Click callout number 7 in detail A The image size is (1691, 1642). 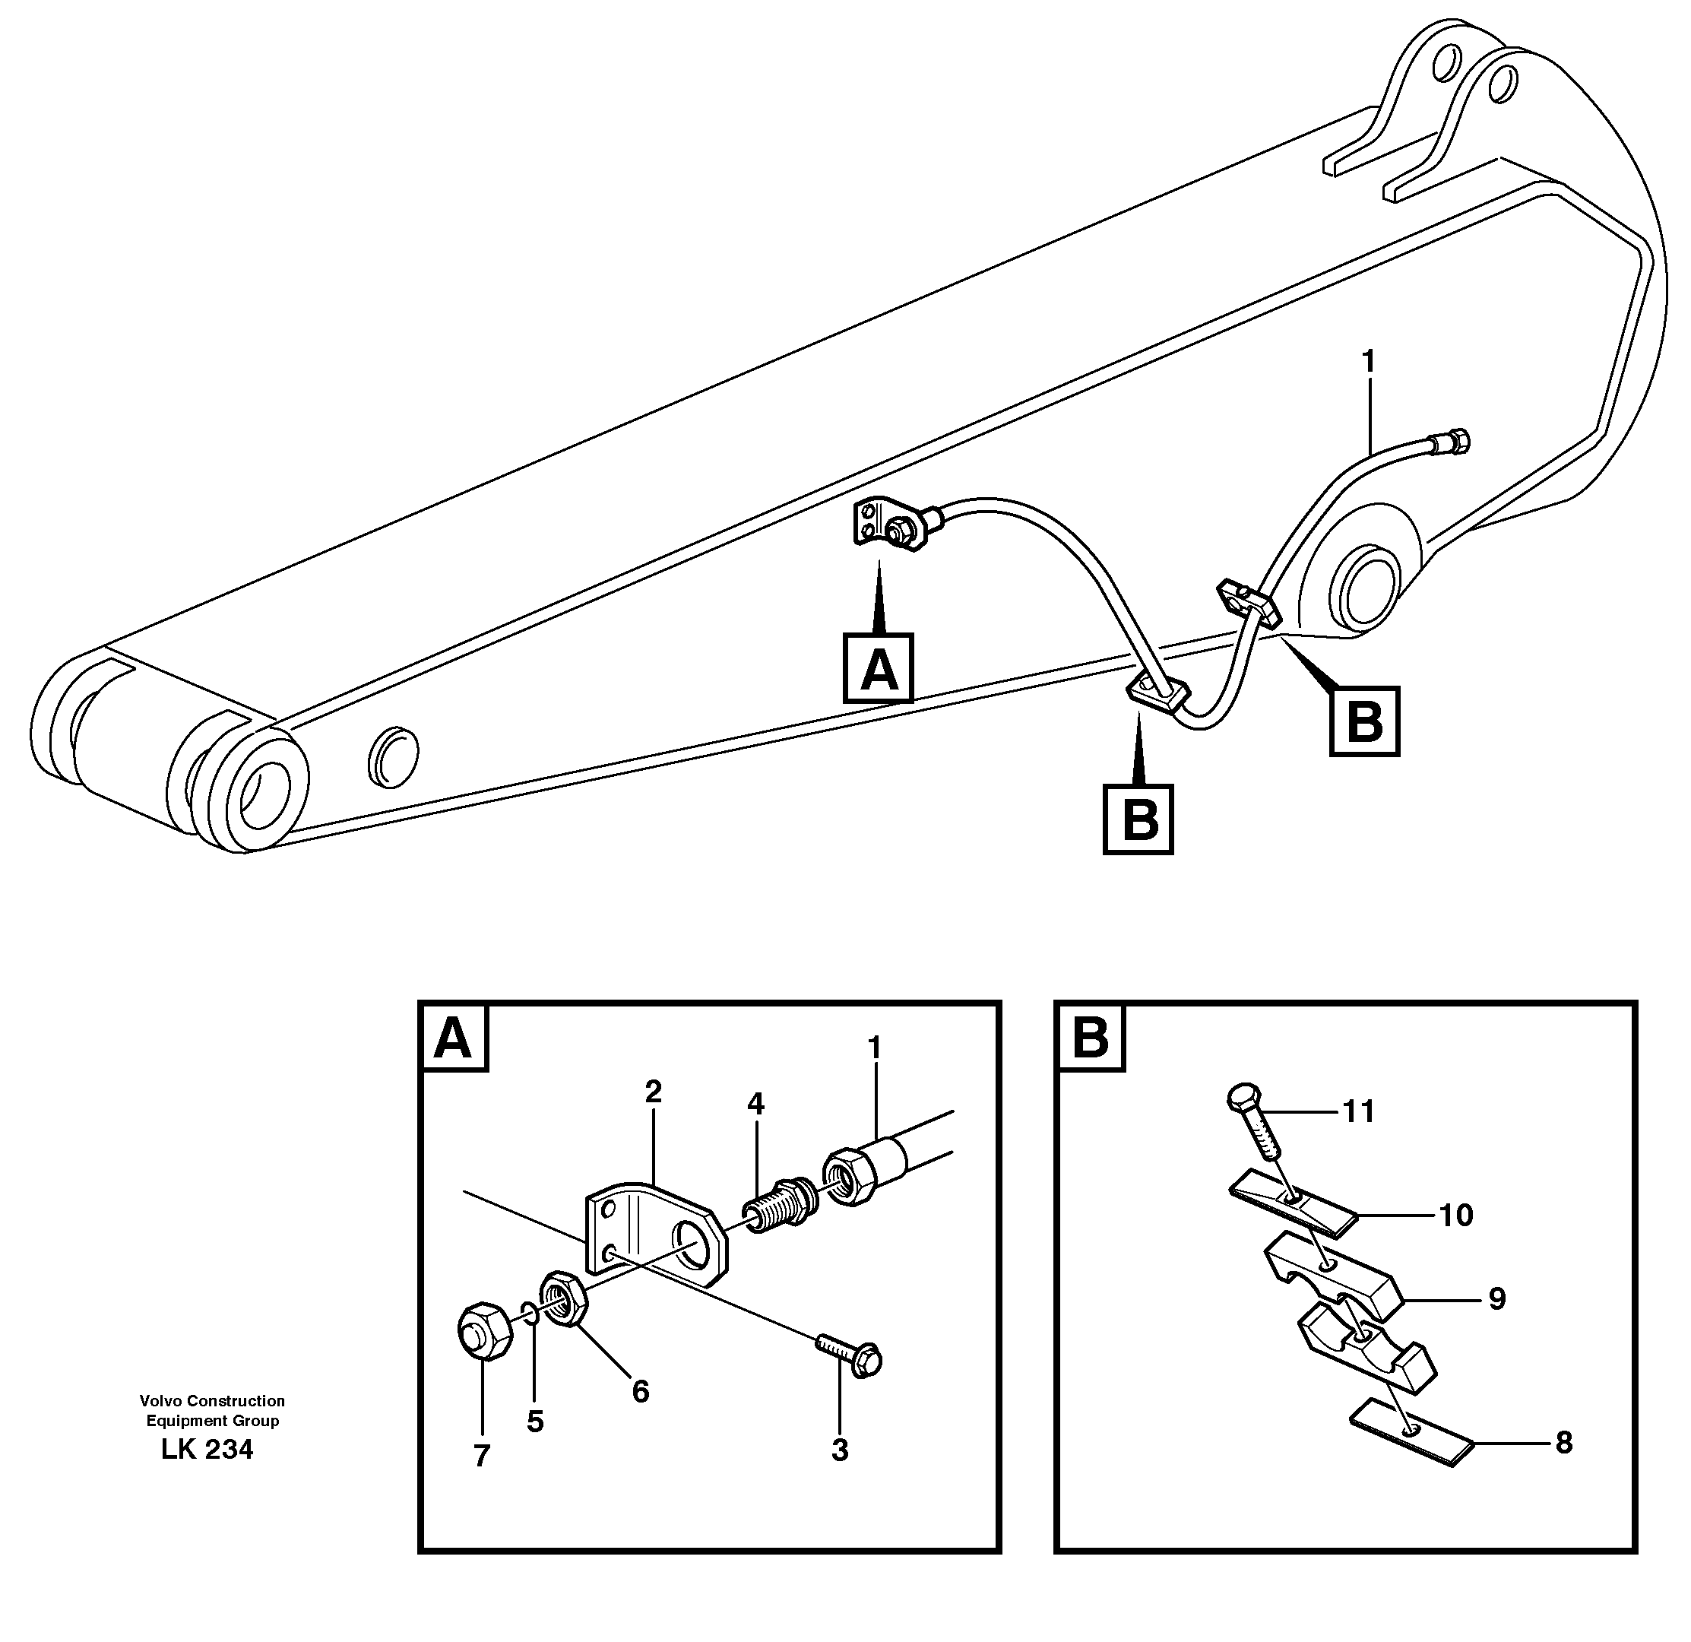coord(481,1455)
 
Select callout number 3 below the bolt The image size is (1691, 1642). coord(840,1450)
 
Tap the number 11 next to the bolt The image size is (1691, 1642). coord(1359,1111)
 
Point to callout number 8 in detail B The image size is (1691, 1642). coord(1563,1442)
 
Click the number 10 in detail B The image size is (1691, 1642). coord(1456,1215)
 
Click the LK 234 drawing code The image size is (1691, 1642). coord(207,1449)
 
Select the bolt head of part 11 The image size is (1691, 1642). coord(1243,1098)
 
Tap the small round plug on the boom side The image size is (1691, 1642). coord(394,756)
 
